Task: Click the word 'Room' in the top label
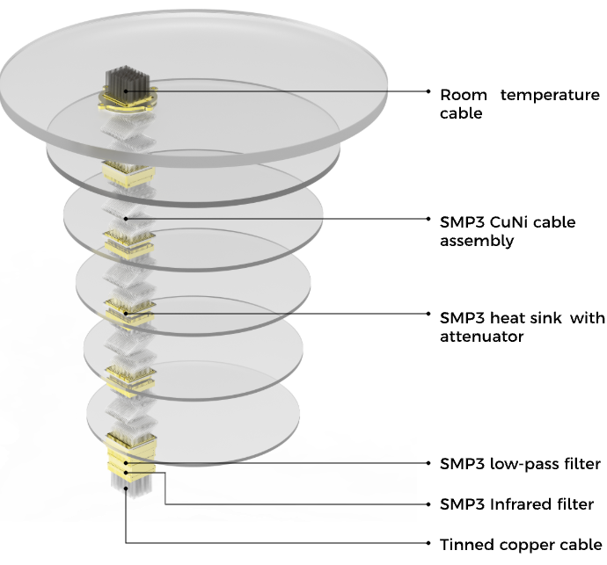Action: (x=464, y=95)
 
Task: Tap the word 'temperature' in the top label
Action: (x=550, y=95)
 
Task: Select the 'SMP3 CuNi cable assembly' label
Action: (x=508, y=231)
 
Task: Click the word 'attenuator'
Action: (x=481, y=337)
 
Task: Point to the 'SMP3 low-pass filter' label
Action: (x=520, y=463)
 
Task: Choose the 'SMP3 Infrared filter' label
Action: (x=516, y=503)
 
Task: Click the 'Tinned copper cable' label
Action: (x=521, y=544)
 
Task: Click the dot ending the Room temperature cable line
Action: (x=428, y=91)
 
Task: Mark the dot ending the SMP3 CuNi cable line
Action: (x=428, y=219)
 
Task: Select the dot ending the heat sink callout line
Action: (x=428, y=314)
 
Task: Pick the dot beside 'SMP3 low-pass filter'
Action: (x=428, y=463)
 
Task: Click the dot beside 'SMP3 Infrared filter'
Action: (x=428, y=504)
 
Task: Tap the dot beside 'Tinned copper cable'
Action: (x=428, y=543)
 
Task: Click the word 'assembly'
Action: (x=477, y=242)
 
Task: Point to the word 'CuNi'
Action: (x=507, y=222)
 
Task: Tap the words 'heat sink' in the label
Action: (x=526, y=318)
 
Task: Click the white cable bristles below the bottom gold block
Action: (x=131, y=484)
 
